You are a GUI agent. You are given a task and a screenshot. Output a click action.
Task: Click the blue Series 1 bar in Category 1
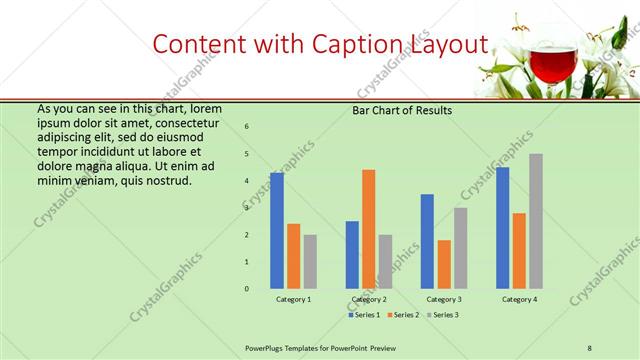coord(277,231)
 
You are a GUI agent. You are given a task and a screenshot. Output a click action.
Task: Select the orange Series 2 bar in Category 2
coord(368,229)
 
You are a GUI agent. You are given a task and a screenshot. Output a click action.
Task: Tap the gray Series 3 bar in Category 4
coord(536,221)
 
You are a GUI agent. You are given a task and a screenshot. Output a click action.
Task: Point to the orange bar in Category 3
coord(444,264)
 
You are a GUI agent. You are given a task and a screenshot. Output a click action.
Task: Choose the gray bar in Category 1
coord(310,262)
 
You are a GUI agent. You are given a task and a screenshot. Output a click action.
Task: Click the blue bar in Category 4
coord(502,228)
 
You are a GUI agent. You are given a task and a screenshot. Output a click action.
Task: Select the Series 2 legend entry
coord(404,315)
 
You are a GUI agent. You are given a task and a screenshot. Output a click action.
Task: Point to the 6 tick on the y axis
coord(247,126)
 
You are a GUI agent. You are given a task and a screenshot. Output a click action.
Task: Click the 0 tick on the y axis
coord(247,289)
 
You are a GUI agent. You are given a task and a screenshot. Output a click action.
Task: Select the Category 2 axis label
coord(369,300)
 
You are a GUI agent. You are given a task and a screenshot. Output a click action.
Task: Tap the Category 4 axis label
coord(519,300)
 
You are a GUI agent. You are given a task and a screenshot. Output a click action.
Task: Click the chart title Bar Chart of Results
coord(402,110)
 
